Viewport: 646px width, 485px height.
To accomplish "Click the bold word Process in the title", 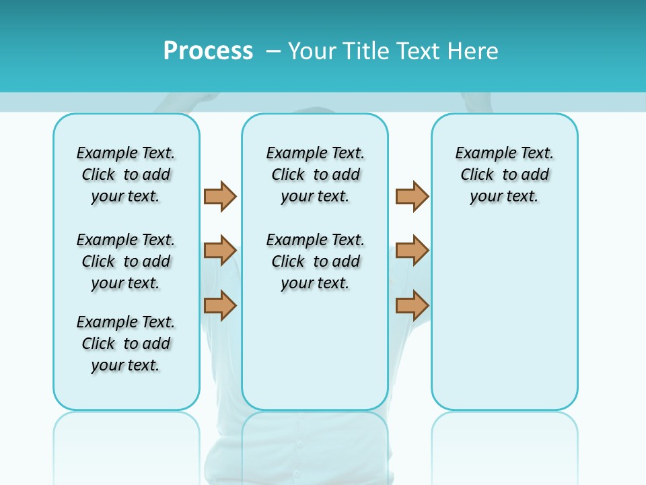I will [208, 51].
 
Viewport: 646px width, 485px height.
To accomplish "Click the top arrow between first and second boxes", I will [220, 196].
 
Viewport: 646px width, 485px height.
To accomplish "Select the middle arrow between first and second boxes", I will [220, 251].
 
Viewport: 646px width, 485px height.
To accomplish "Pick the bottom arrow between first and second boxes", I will [220, 305].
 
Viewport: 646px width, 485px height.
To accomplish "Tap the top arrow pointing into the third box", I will [412, 196].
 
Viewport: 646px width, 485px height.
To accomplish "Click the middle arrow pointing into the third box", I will [412, 251].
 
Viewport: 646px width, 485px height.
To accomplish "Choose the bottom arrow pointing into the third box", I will [412, 305].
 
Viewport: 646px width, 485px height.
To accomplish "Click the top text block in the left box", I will [126, 174].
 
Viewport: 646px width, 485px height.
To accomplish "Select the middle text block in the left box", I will [126, 261].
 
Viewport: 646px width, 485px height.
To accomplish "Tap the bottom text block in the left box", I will [126, 344].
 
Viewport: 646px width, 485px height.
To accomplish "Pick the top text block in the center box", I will [315, 174].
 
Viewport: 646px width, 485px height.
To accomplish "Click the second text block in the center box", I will [315, 261].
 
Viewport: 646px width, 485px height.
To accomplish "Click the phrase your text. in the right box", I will [504, 197].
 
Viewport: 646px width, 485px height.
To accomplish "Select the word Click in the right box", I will [477, 175].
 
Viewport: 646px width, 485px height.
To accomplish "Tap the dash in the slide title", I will [273, 51].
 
